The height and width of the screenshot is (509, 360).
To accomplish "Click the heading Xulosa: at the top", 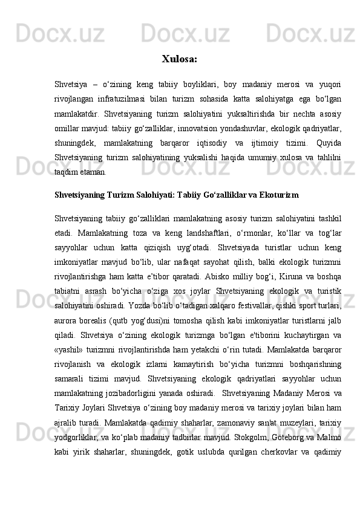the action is coord(179,60).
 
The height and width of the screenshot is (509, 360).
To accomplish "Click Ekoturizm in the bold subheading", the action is coord(277,195).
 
